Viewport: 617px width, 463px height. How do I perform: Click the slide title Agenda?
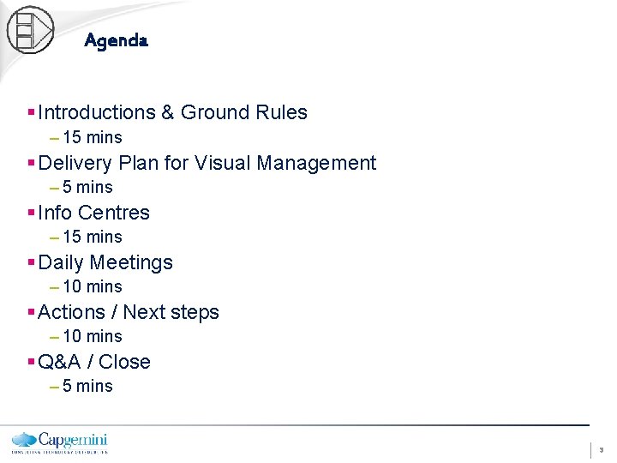click(117, 40)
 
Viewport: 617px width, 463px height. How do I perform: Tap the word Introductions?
click(97, 112)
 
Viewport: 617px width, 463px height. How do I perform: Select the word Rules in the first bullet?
click(282, 112)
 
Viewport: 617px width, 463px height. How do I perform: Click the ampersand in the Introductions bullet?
click(168, 112)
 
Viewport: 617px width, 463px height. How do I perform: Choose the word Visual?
click(221, 163)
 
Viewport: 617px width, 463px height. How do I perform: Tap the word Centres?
click(114, 213)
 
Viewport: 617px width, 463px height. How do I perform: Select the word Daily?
click(61, 262)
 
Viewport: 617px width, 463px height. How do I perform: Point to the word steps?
click(194, 312)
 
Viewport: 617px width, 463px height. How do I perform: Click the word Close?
click(125, 362)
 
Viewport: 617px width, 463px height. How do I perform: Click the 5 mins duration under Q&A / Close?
click(87, 386)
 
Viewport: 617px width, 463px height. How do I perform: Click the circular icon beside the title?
click(30, 30)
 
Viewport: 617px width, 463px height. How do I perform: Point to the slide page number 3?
click(601, 449)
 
